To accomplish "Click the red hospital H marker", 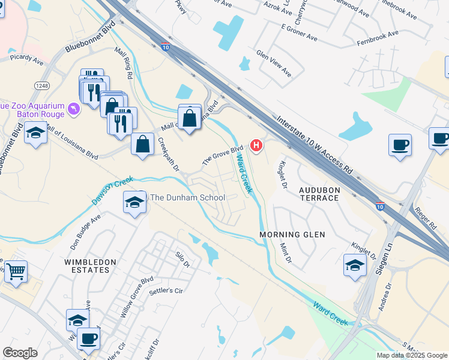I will pos(257,145).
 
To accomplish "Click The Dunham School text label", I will pos(187,197).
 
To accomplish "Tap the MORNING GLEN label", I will pos(292,234).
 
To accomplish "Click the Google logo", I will pos(20,353).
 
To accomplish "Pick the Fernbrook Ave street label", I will pos(377,38).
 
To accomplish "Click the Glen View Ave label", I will pos(274,62).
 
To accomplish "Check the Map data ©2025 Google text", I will pos(412,355).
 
